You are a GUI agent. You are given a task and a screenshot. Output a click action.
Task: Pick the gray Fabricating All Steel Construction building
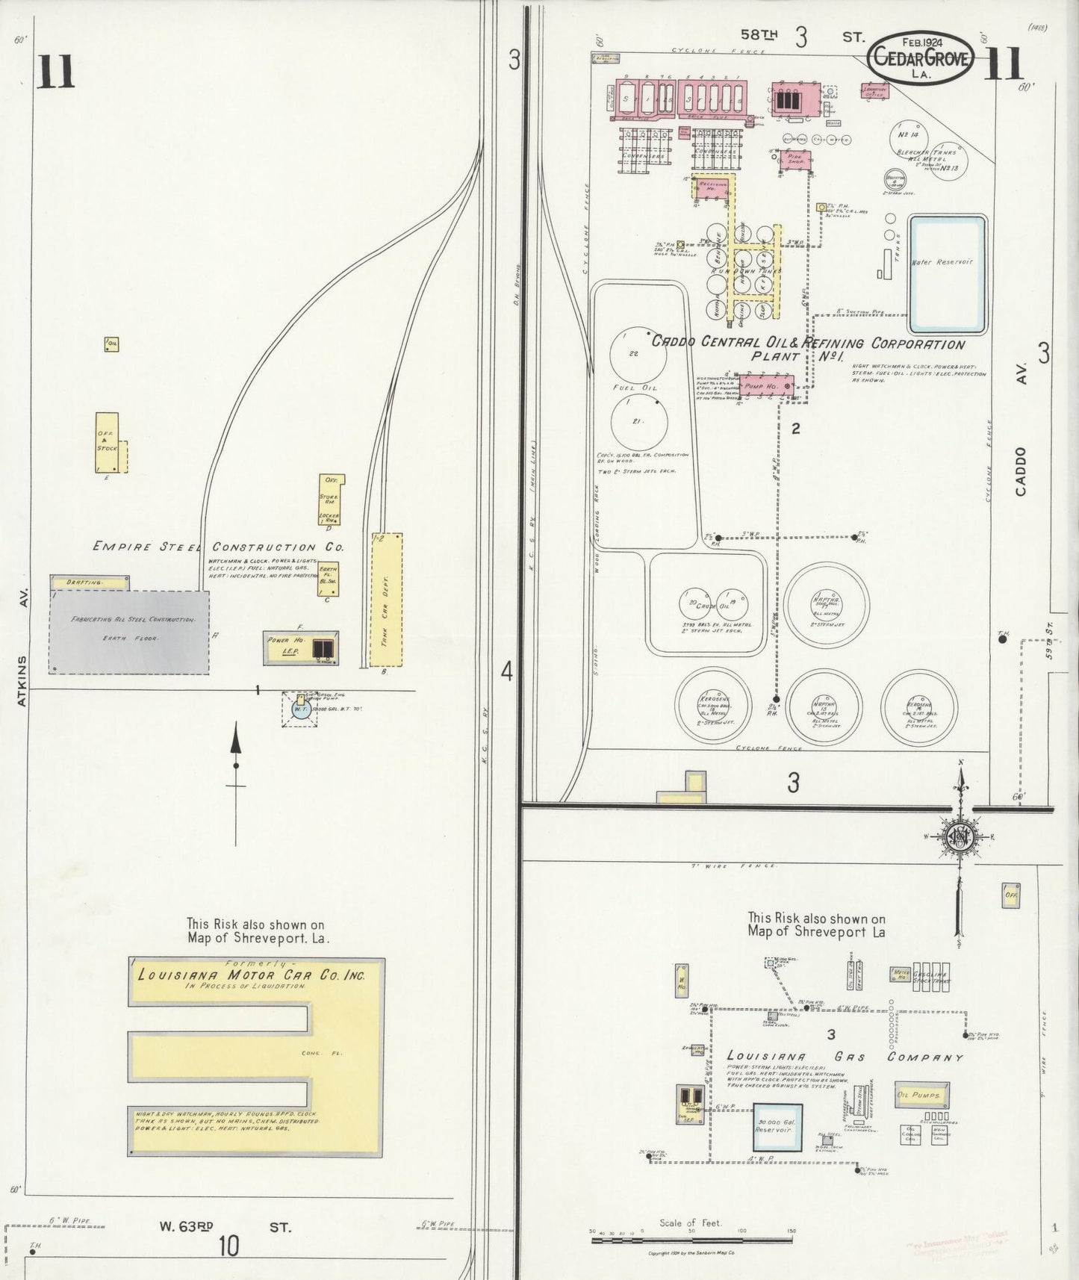click(x=130, y=631)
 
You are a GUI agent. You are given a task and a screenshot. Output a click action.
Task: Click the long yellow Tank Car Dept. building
click(x=386, y=600)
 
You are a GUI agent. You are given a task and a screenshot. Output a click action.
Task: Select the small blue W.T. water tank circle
click(x=299, y=709)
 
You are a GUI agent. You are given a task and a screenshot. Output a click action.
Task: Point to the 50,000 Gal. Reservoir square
click(x=777, y=1125)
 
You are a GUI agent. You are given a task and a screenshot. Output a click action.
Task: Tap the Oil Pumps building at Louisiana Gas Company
click(x=922, y=1095)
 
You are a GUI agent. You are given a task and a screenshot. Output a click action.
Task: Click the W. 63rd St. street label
click(x=224, y=1226)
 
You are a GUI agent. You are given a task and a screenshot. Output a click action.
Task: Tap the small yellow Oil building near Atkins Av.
click(x=112, y=344)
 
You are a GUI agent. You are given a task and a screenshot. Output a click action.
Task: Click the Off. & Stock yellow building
click(x=106, y=441)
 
